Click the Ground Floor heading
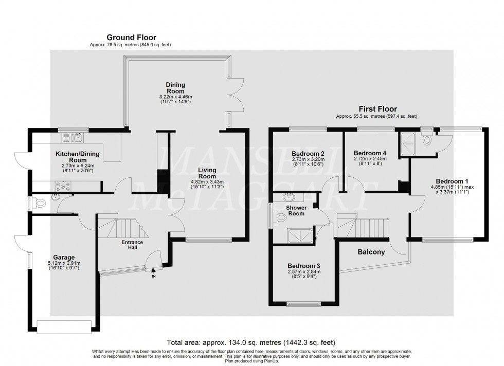click(131, 38)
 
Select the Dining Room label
click(175, 88)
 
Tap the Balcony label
click(371, 252)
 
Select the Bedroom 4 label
click(370, 153)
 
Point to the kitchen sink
click(78, 137)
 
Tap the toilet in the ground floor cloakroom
click(39, 203)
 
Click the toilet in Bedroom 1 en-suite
click(427, 139)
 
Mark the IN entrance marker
click(153, 277)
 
